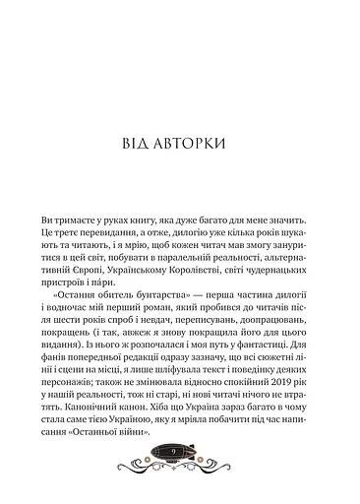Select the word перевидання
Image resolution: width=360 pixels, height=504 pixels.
point(127,232)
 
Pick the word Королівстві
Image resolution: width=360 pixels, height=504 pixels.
point(192,263)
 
